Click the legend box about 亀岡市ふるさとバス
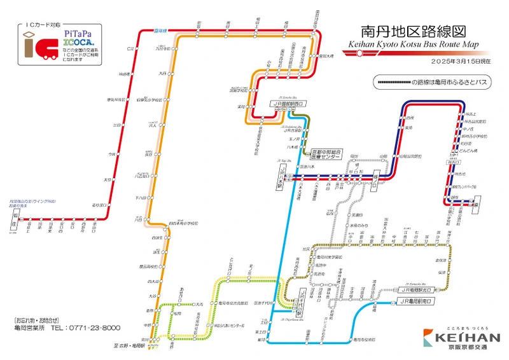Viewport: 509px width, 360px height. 433,83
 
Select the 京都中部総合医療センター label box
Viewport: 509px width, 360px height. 326,155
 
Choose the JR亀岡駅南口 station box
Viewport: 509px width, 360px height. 417,300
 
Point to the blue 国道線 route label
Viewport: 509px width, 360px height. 159,31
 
